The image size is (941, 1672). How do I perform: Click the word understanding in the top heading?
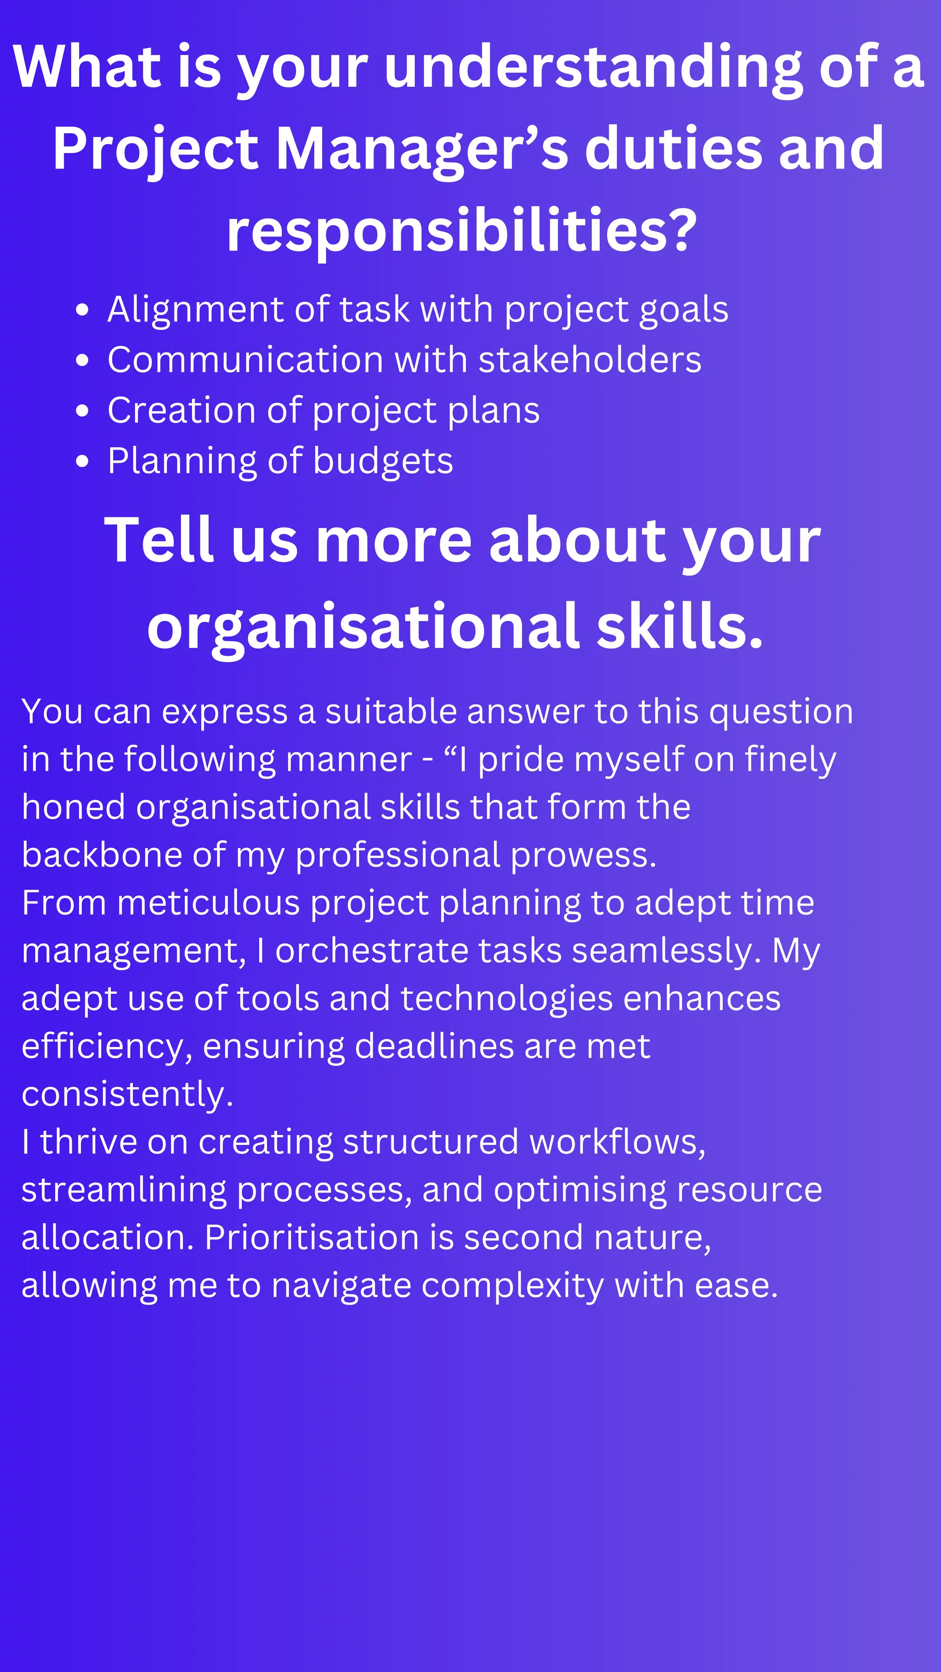[594, 68]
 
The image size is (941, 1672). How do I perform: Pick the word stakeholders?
[590, 360]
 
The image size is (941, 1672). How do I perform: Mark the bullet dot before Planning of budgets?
[82, 462]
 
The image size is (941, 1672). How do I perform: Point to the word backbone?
[101, 855]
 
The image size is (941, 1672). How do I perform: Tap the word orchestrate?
[371, 951]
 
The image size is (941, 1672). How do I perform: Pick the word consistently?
[127, 1094]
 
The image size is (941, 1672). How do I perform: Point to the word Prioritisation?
[311, 1238]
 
